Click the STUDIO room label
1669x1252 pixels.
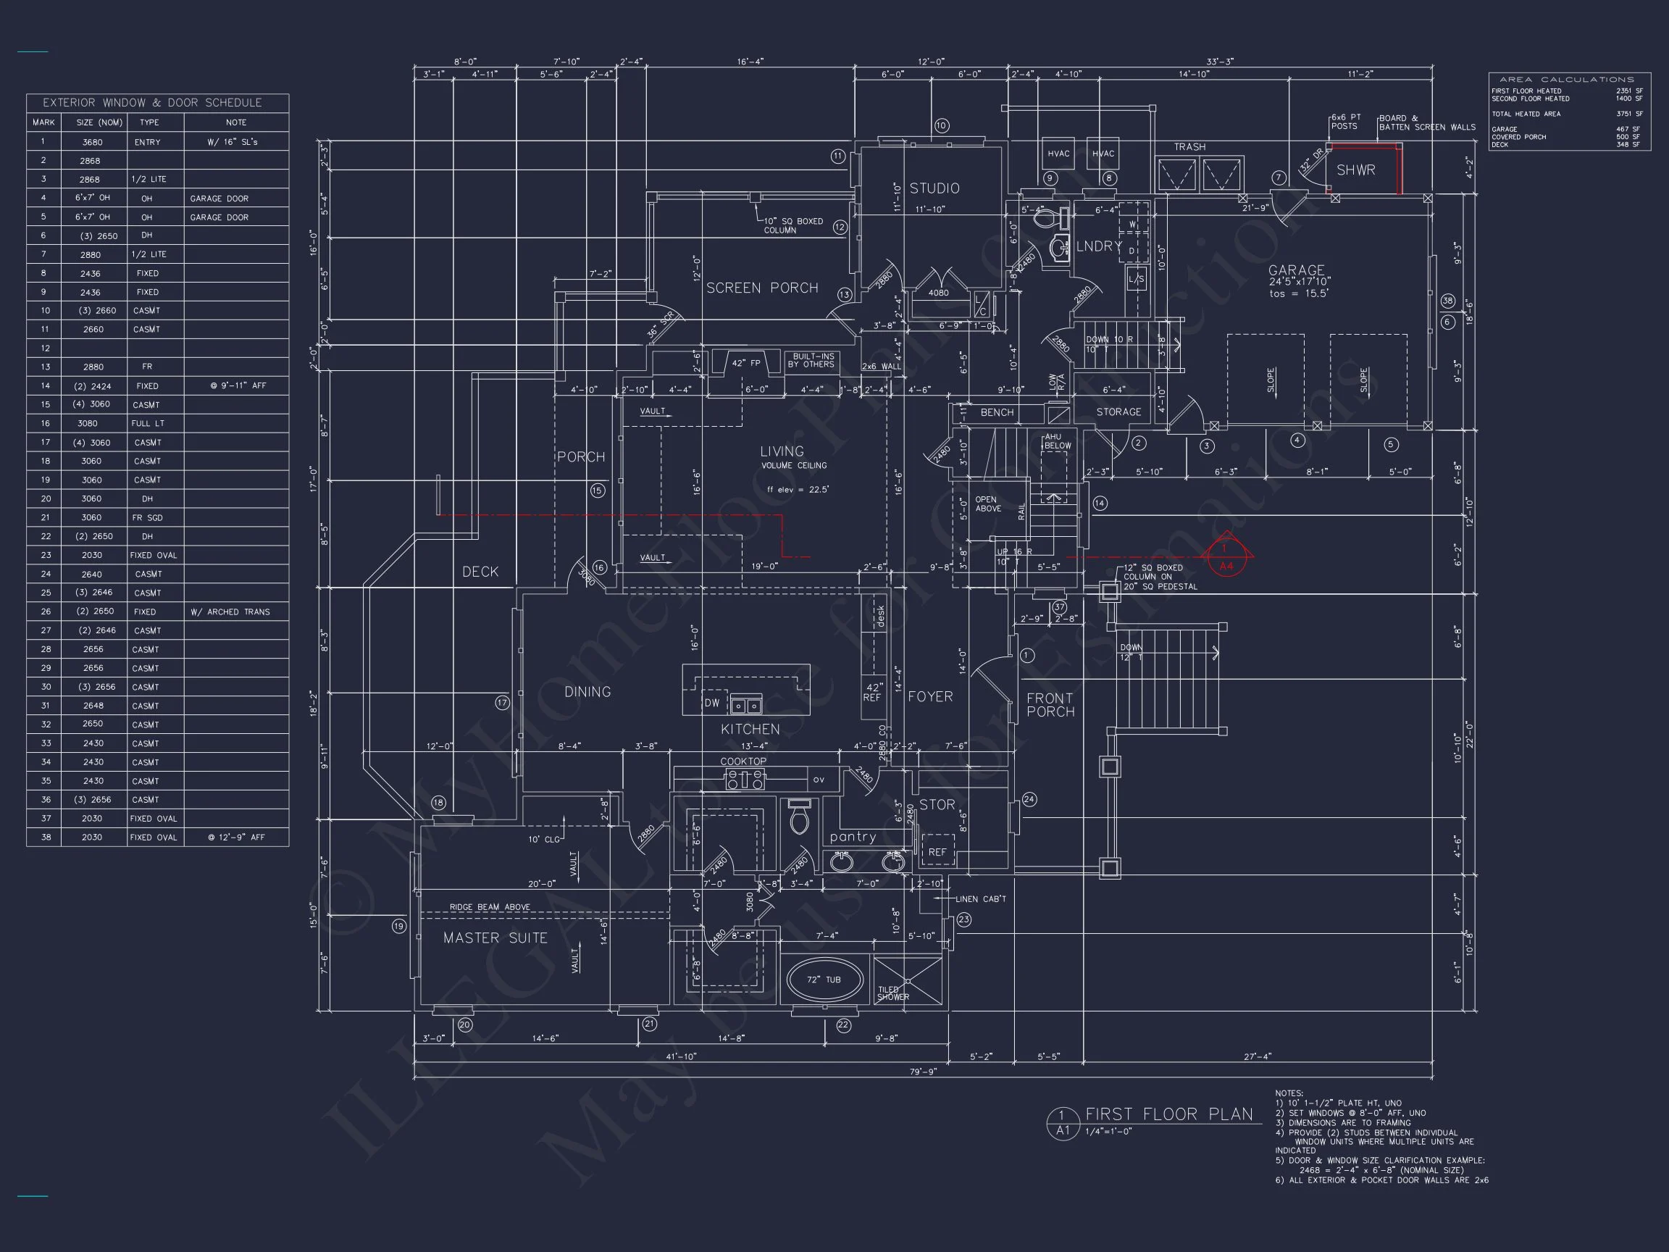[934, 188]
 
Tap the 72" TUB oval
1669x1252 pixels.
[824, 980]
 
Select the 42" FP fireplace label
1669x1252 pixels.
[746, 364]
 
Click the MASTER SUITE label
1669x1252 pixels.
[495, 938]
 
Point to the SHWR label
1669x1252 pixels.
[1356, 170]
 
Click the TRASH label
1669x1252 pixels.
[1190, 147]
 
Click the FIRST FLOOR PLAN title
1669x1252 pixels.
[1168, 1114]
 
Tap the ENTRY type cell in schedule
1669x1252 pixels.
[148, 142]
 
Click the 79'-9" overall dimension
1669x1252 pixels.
[922, 1072]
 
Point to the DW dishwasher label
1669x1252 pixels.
[711, 704]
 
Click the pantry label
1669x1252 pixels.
[853, 837]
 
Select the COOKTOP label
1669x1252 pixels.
[743, 761]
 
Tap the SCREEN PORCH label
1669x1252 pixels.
[762, 288]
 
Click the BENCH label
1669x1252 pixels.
[997, 413]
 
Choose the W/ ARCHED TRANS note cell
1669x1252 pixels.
[230, 612]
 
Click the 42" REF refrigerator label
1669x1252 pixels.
[872, 692]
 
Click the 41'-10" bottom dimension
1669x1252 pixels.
[681, 1056]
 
